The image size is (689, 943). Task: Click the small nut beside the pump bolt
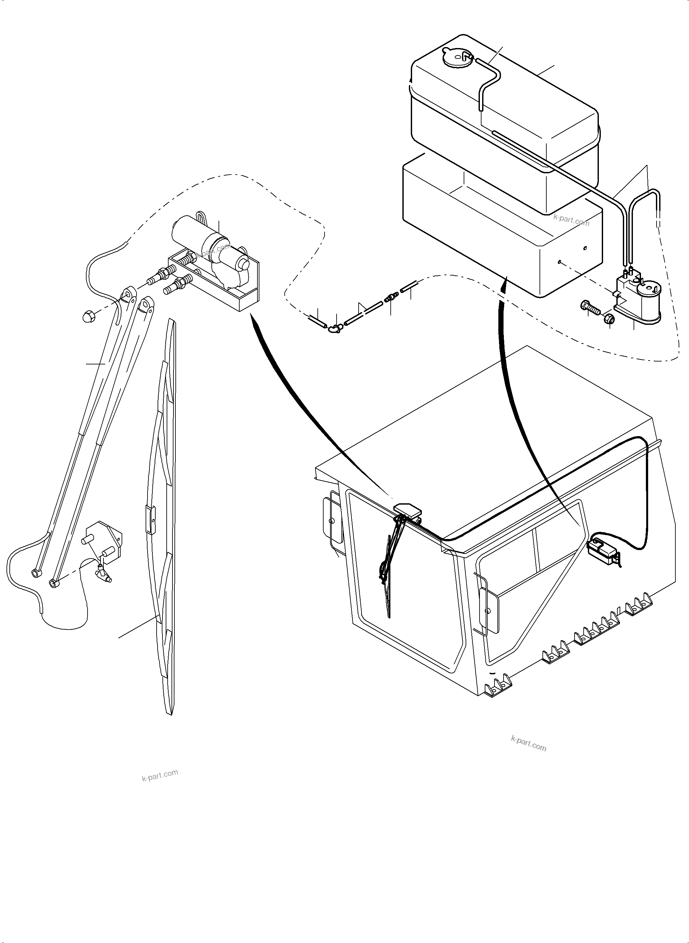pyautogui.click(x=609, y=318)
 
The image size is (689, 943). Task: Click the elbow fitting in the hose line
pyautogui.click(x=335, y=329)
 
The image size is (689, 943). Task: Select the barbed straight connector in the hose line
pyautogui.click(x=391, y=298)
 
